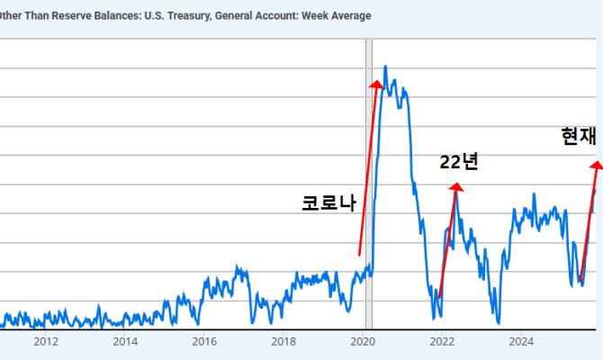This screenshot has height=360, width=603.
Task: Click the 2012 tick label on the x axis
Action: (46, 341)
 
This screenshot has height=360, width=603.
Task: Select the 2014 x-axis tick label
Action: (125, 341)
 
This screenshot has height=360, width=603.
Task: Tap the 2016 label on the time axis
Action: (204, 341)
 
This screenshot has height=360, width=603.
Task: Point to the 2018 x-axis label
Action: (283, 341)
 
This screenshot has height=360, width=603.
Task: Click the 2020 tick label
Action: (363, 341)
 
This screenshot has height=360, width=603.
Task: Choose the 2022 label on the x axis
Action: (442, 341)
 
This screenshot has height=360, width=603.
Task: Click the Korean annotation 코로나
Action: (329, 203)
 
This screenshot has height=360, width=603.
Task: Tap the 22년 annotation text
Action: (458, 162)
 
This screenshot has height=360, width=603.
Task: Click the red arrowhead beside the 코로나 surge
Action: (377, 84)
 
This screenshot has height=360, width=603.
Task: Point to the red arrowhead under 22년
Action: (456, 187)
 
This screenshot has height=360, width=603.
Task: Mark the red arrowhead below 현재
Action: (596, 164)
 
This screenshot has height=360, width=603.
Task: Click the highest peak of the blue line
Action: (386, 67)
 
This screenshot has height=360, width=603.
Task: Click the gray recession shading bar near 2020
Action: (369, 180)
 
